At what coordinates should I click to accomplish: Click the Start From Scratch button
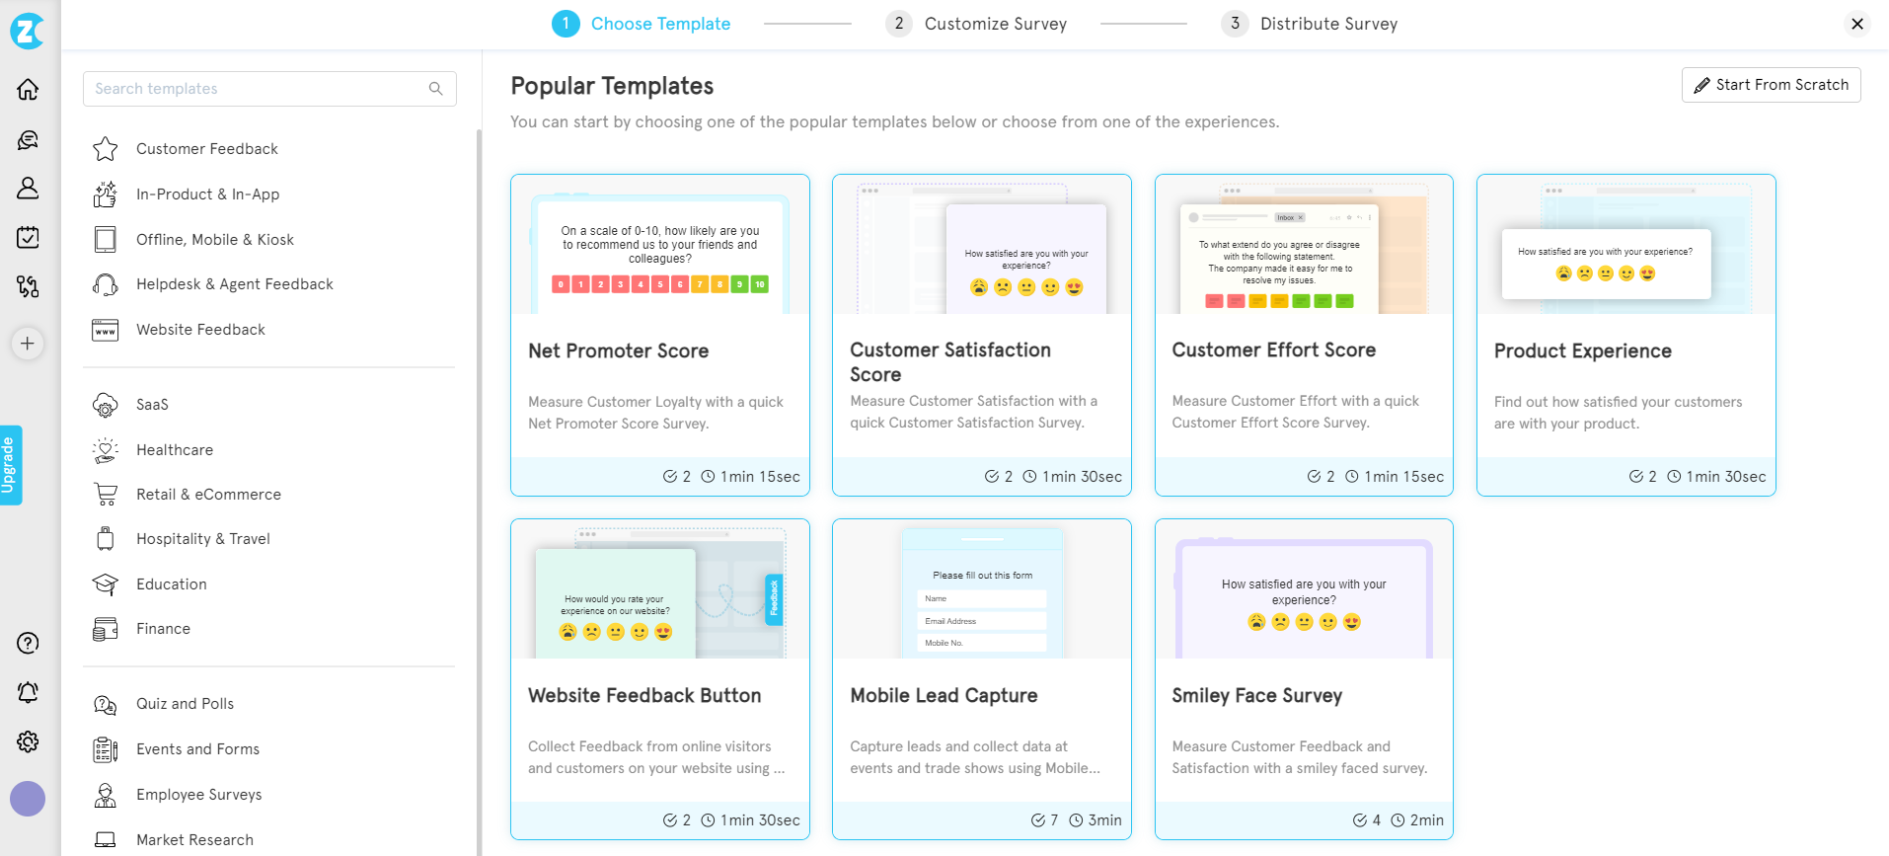click(x=1771, y=85)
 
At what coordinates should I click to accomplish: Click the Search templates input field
click(x=259, y=89)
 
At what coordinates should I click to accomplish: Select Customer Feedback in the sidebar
click(x=206, y=149)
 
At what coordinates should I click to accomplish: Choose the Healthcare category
click(x=174, y=450)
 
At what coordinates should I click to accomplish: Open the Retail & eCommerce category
click(x=207, y=495)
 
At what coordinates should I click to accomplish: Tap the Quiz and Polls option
click(x=185, y=704)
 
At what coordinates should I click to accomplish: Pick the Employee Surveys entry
click(x=198, y=795)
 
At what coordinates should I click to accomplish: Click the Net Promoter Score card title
click(x=618, y=351)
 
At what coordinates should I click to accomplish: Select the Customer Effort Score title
click(x=1273, y=350)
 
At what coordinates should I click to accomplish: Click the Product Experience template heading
click(x=1582, y=351)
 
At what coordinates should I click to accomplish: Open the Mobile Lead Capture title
click(x=944, y=696)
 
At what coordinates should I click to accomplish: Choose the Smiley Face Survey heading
click(x=1256, y=696)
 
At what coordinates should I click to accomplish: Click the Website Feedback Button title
click(x=643, y=696)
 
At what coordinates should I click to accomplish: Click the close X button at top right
click(x=1856, y=24)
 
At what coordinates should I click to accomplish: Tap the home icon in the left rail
click(x=28, y=90)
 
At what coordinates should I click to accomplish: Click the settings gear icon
click(x=28, y=741)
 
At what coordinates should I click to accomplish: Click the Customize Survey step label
click(x=995, y=24)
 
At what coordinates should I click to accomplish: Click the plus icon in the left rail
click(x=28, y=344)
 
